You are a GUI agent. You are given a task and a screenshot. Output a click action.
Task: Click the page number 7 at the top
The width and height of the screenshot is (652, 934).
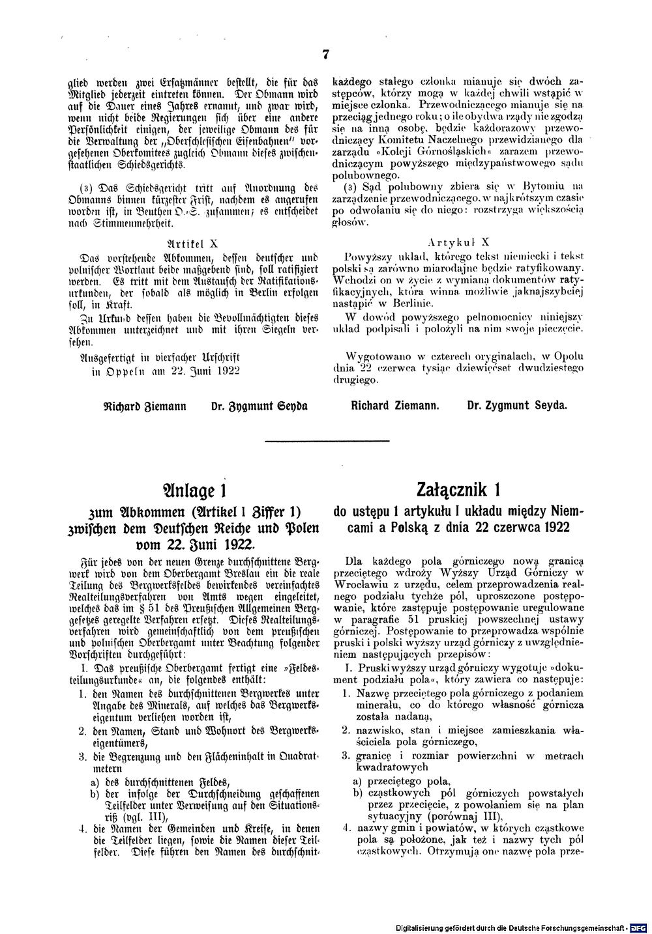point(324,55)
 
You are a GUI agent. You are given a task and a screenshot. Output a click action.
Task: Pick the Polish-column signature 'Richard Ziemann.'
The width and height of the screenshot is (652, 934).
point(394,405)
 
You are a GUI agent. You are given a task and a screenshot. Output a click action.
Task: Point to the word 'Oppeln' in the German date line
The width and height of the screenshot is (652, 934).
point(115,371)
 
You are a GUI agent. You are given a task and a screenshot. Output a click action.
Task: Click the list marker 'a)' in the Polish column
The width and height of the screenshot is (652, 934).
point(357,780)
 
